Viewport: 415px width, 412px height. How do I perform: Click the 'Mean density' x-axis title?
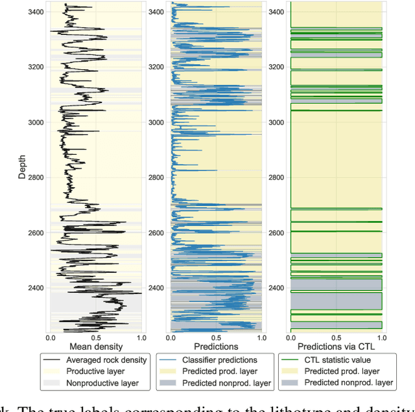coord(95,347)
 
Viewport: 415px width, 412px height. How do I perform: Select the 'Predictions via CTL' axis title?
coord(336,347)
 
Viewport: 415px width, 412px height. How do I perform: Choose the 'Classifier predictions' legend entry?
coord(219,360)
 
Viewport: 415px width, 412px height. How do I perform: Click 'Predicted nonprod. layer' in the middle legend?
coord(226,383)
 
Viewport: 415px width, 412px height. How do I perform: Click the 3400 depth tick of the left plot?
coord(36,12)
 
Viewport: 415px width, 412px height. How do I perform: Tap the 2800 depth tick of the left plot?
coord(36,177)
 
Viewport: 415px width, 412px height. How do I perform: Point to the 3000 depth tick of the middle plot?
coord(156,122)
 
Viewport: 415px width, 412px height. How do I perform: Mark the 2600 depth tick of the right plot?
coord(276,233)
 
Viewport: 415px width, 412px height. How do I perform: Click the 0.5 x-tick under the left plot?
coord(96,338)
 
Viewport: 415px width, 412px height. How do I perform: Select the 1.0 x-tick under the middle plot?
coord(261,338)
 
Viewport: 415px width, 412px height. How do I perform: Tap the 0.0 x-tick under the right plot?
coord(290,338)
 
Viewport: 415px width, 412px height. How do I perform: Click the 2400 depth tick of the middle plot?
coord(156,288)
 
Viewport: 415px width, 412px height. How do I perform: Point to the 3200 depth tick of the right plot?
coord(276,67)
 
